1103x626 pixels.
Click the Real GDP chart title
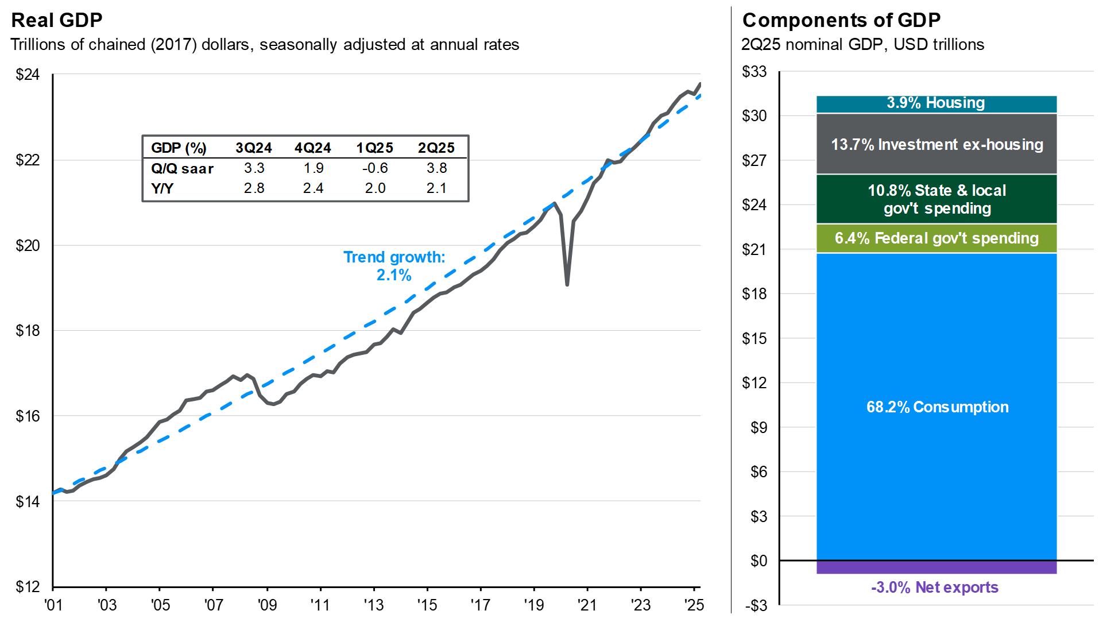click(57, 20)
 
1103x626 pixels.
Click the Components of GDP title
click(841, 20)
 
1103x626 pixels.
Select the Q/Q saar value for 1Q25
click(374, 168)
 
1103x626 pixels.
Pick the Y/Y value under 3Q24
click(254, 188)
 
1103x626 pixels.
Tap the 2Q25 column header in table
click(436, 148)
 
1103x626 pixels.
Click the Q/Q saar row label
click(182, 169)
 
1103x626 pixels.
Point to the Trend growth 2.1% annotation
click(394, 266)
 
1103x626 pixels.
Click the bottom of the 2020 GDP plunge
click(567, 284)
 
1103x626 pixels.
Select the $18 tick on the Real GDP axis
click(28, 331)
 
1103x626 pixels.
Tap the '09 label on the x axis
click(267, 605)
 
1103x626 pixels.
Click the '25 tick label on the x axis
click(694, 605)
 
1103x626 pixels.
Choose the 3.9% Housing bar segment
click(936, 103)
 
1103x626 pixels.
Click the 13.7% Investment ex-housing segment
click(936, 145)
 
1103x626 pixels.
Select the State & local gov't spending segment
click(936, 199)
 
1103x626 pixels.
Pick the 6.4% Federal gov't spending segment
click(936, 238)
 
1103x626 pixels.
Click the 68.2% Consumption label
click(937, 407)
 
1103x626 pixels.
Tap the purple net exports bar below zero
click(936, 567)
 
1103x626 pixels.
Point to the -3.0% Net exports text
click(934, 588)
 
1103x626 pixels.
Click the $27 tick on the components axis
click(754, 160)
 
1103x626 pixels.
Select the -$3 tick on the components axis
click(755, 606)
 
